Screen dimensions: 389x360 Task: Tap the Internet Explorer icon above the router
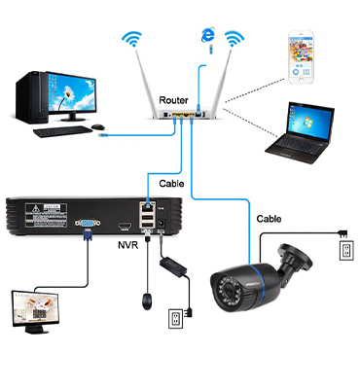coord(205,36)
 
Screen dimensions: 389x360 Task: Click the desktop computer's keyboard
coord(62,129)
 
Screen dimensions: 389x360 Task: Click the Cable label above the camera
coord(270,219)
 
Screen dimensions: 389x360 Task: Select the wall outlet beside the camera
coord(342,250)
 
